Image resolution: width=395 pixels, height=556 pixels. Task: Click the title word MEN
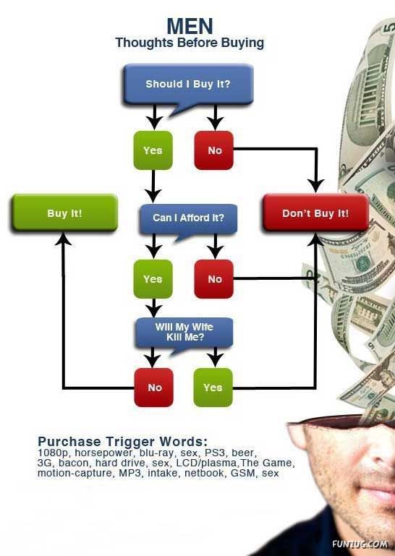point(190,26)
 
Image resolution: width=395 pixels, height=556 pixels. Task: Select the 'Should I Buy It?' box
point(188,84)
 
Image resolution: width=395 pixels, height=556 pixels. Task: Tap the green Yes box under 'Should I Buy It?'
point(153,150)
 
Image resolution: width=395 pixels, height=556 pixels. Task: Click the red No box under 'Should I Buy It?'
point(214,150)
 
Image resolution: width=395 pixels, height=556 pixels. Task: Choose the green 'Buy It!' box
point(64,213)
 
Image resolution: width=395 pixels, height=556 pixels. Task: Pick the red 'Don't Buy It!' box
point(315,213)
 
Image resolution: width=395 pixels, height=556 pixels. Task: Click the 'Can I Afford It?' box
point(188,218)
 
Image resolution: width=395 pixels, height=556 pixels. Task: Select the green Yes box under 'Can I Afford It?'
point(153,279)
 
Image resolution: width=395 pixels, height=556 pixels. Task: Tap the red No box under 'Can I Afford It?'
point(214,279)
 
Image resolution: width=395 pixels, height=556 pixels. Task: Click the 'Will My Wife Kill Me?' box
point(184,332)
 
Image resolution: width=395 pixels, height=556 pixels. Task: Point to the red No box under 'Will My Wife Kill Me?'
point(154,388)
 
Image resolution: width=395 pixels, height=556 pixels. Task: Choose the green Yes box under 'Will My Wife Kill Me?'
point(213,388)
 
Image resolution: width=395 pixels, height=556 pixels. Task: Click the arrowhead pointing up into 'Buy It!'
point(63,239)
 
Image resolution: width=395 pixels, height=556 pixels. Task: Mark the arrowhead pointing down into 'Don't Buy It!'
point(315,186)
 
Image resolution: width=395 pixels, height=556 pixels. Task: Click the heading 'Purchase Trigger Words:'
point(122,442)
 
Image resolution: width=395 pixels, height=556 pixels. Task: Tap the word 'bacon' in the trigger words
point(74,463)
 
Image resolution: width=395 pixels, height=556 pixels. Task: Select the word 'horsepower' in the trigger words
point(103,453)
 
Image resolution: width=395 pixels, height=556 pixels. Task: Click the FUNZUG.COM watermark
point(360,544)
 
